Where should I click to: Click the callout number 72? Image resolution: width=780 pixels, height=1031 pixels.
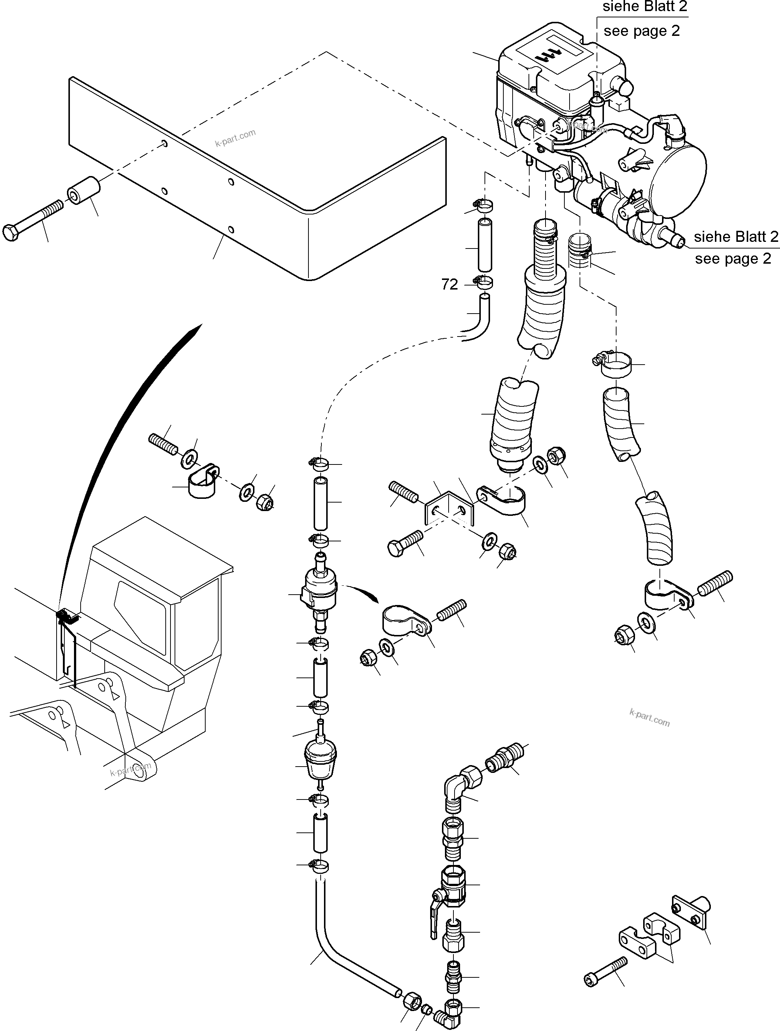449,284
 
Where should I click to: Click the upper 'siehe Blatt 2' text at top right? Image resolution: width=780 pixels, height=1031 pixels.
644,7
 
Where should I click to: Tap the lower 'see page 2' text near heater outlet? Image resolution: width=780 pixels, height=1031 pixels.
733,259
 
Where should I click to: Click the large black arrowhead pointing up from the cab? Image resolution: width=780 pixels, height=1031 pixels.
196,332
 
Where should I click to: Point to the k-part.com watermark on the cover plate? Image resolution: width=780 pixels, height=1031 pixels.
236,138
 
